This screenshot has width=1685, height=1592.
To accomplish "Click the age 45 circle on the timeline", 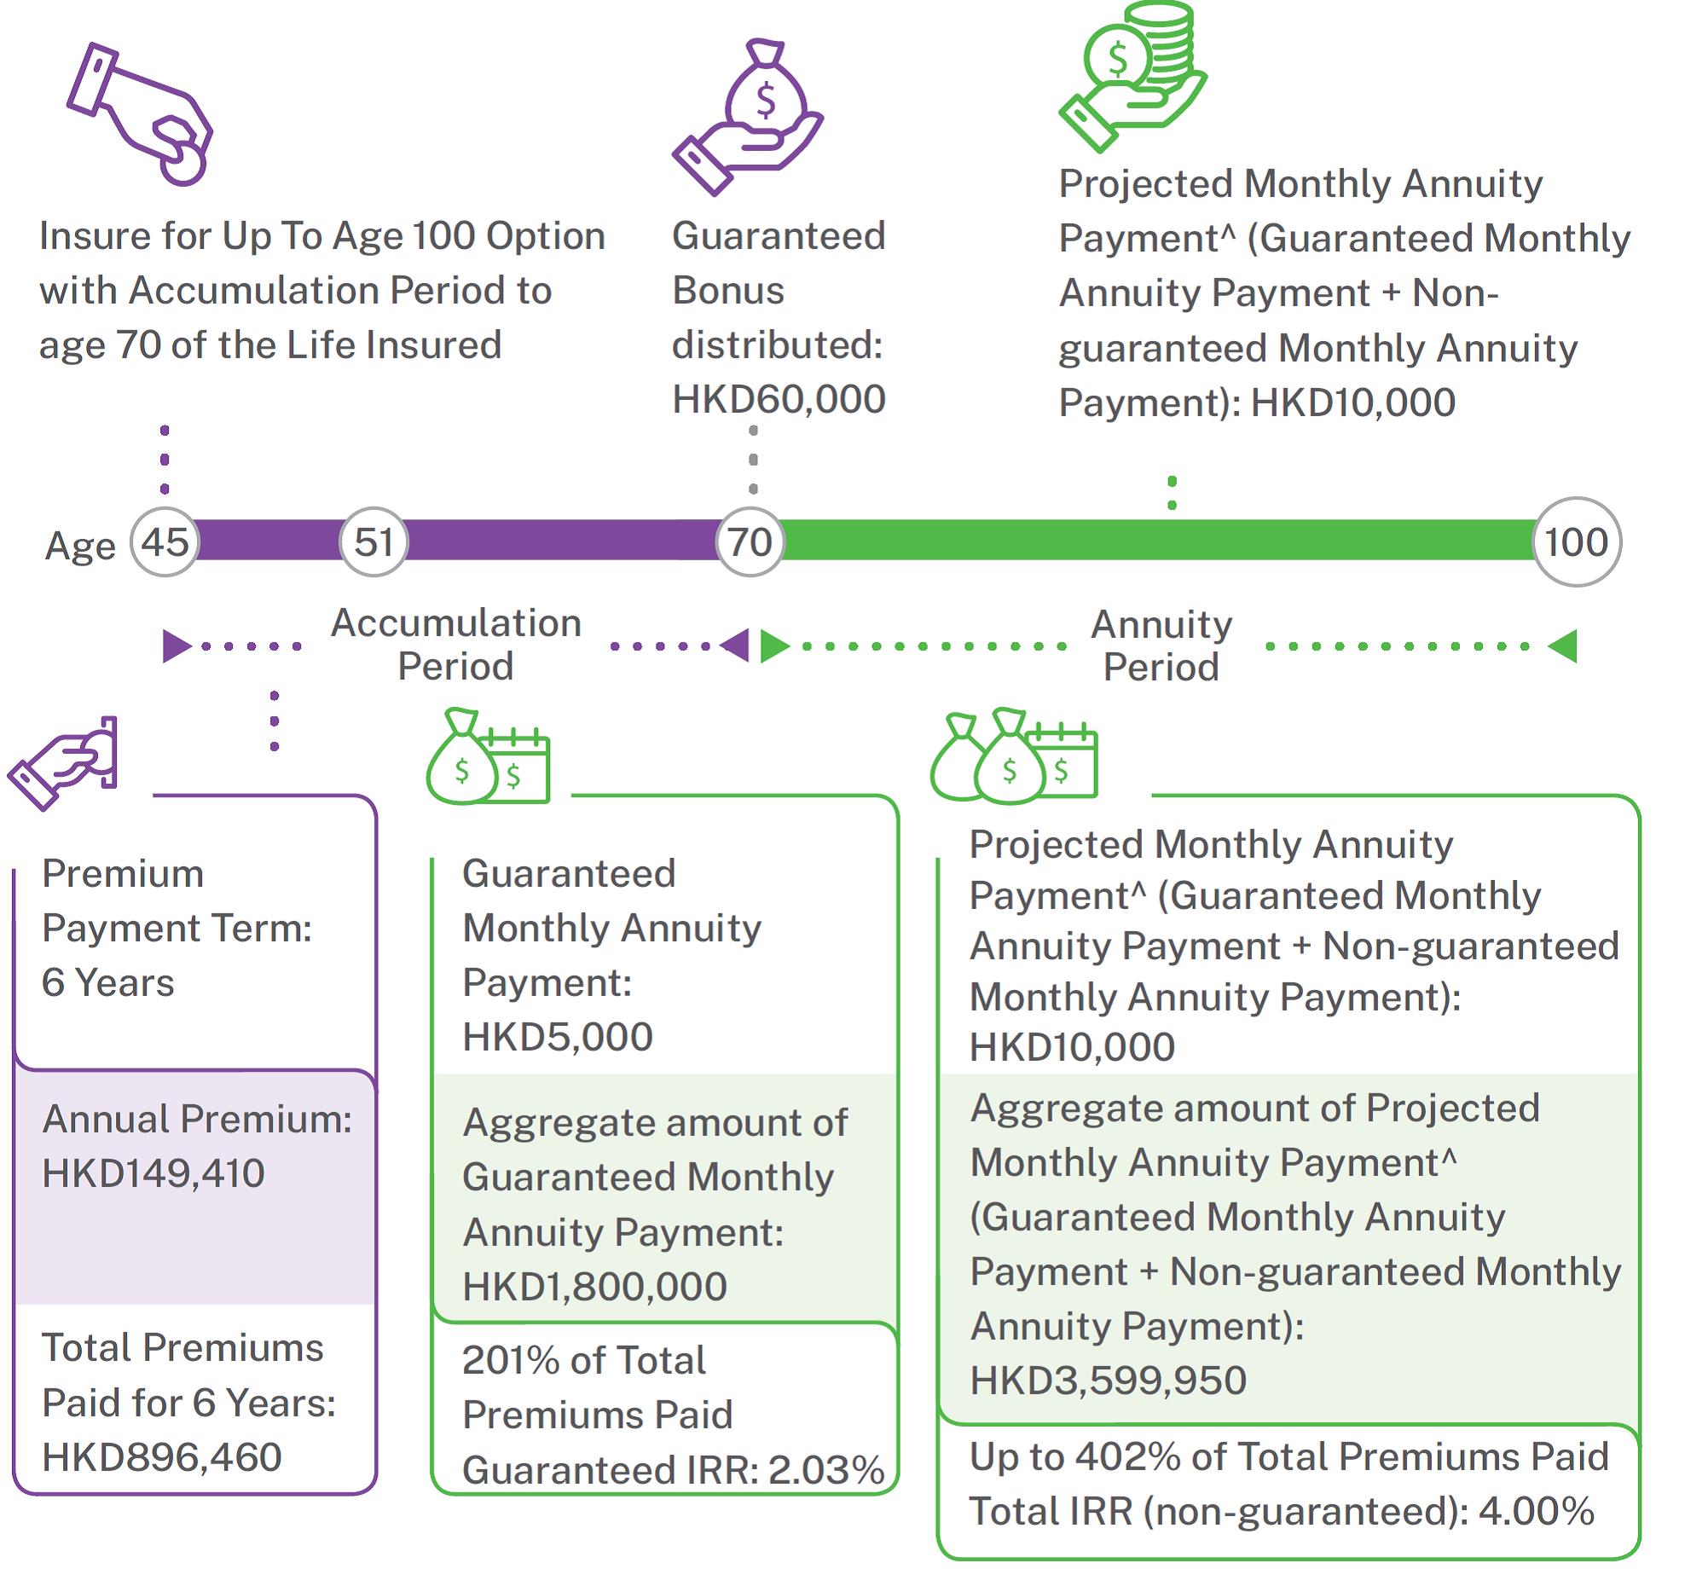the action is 165,542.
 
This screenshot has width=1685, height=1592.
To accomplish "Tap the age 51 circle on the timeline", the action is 373,542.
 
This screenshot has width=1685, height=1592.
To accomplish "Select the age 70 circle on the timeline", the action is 750,542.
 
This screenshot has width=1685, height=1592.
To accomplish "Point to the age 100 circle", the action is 1577,542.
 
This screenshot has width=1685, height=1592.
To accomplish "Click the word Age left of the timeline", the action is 80,547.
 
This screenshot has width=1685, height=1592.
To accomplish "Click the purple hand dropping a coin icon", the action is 140,113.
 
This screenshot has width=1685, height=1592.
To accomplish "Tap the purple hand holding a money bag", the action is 748,117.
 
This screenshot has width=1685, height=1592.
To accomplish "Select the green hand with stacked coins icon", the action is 1132,77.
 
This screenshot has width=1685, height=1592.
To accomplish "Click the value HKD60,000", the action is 779,399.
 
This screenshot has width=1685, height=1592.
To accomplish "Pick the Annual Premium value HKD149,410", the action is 153,1173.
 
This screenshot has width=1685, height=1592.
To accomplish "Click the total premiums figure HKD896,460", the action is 162,1456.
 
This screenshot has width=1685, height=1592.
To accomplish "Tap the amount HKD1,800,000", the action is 594,1286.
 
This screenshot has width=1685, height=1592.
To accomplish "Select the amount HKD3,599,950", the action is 1109,1380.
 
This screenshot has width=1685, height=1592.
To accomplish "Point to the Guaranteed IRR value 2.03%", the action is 826,1469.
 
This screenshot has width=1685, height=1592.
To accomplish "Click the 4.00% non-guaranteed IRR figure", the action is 1537,1511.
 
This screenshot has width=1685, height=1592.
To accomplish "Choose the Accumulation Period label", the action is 456,645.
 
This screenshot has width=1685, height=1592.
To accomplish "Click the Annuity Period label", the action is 1161,645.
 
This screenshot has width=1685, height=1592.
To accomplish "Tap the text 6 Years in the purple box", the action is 108,982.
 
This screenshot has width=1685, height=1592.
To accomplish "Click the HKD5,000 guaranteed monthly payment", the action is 558,1037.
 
